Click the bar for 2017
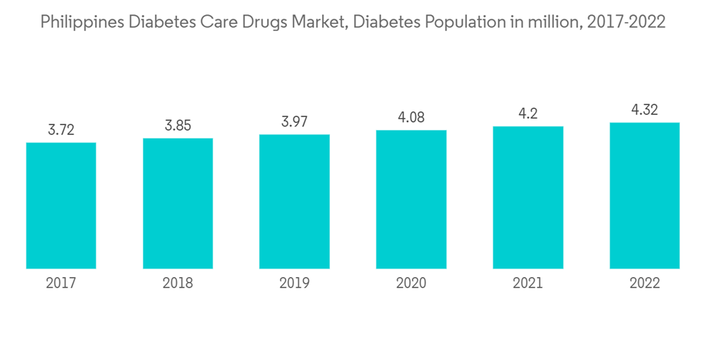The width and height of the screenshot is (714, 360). click(x=61, y=206)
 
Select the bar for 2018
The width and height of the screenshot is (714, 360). click(x=178, y=204)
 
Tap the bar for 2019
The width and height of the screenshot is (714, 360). click(x=294, y=201)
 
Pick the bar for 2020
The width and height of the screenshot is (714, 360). click(x=411, y=199)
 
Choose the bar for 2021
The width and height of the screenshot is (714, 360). click(x=528, y=198)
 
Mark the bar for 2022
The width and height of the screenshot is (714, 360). click(x=645, y=196)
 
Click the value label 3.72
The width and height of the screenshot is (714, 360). click(x=61, y=130)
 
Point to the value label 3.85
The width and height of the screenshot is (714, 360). click(x=178, y=125)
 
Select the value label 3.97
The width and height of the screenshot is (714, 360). click(x=294, y=121)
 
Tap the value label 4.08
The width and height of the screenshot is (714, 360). click(x=411, y=117)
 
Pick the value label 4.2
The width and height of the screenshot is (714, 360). click(x=528, y=114)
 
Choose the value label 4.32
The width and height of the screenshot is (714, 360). click(x=645, y=110)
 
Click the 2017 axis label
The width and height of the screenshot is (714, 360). click(x=61, y=284)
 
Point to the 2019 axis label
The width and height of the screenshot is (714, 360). click(x=294, y=284)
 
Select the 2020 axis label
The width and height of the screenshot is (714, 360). click(x=411, y=284)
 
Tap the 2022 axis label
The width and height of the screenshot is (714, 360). click(x=645, y=284)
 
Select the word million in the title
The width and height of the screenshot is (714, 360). click(x=553, y=23)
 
